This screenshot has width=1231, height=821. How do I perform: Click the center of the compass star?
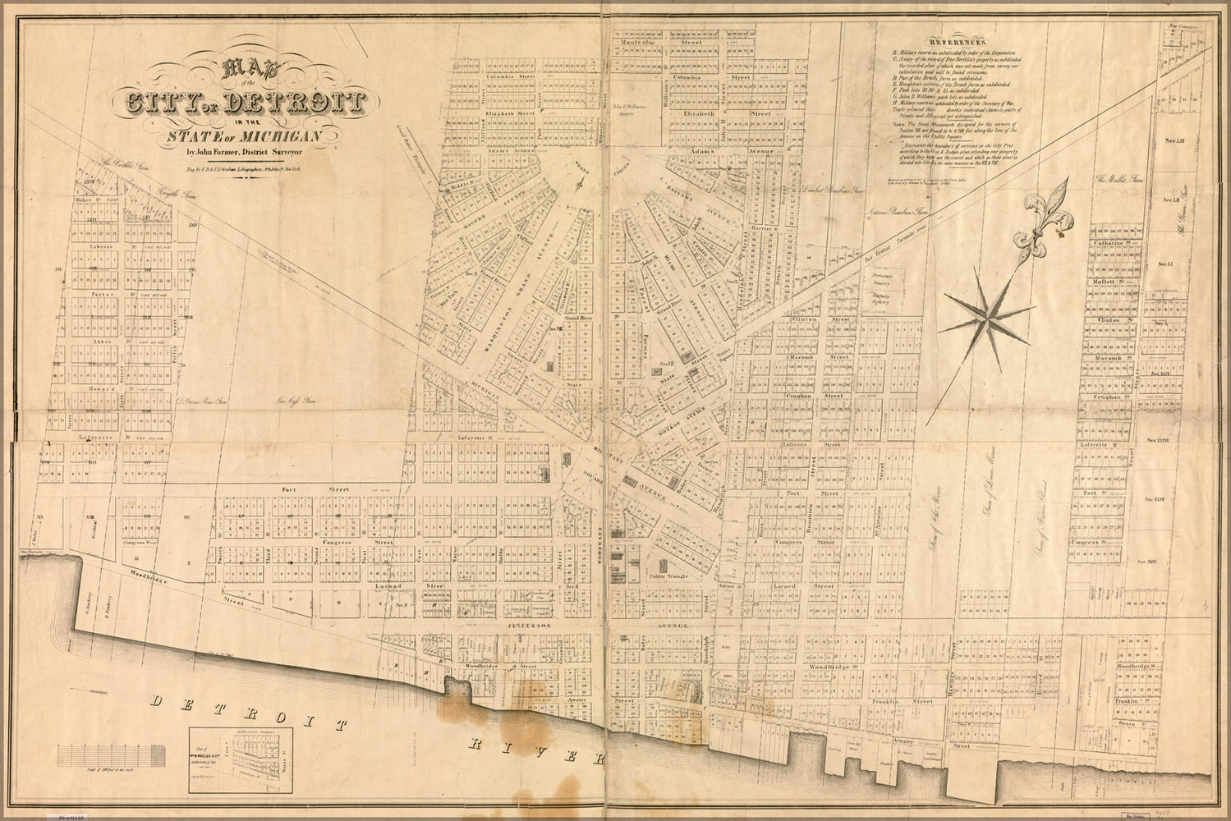tap(986, 317)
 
